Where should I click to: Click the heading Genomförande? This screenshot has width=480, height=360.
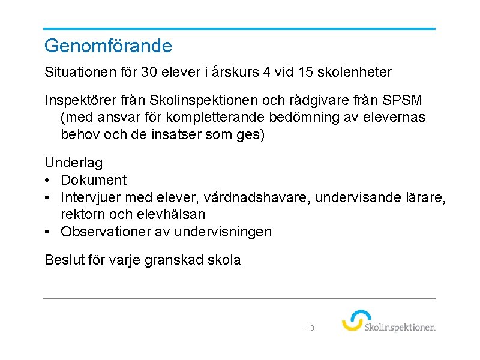point(108,46)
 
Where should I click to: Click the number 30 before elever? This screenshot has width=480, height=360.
point(149,73)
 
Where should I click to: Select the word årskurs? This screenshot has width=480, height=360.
point(234,73)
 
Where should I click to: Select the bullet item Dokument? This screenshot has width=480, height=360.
point(94,180)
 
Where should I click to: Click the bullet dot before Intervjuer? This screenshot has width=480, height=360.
point(48,197)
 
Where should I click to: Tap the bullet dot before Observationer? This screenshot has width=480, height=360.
point(48,232)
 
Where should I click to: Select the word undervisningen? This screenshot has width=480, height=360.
point(222,232)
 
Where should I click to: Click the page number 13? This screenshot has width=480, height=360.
point(310,328)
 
